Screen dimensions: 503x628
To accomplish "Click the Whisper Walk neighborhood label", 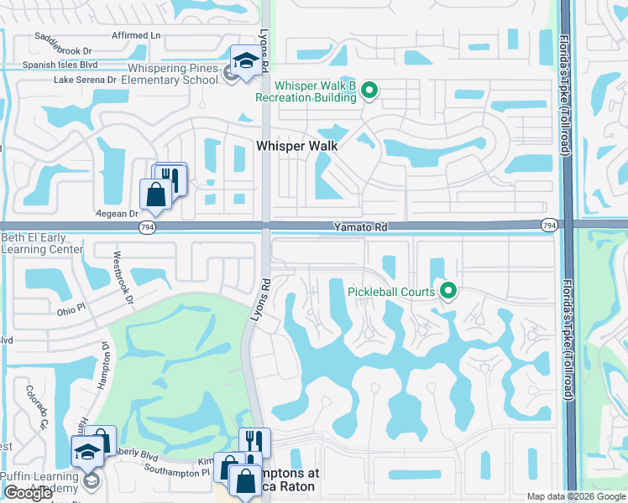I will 296,146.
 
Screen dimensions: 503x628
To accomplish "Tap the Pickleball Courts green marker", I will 448,292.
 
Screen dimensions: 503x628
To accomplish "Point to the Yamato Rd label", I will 359,226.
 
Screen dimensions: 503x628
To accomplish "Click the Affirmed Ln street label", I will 136,35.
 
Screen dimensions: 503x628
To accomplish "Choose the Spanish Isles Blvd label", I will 68,65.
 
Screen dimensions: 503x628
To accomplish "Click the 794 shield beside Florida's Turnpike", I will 549,225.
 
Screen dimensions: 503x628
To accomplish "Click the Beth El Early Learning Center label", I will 42,243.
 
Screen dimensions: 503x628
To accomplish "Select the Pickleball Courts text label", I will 391,292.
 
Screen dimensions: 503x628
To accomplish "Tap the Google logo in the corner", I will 28,493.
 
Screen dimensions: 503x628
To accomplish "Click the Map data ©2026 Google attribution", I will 576,496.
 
